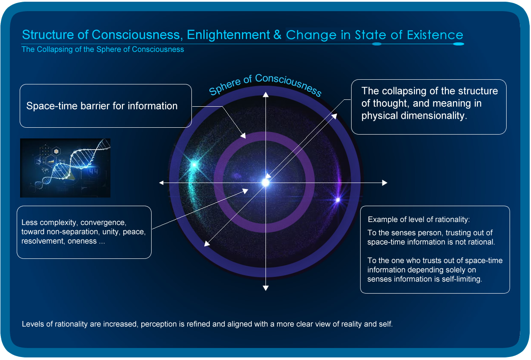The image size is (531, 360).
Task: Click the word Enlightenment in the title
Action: tap(228, 35)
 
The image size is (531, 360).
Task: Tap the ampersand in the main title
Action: tap(277, 35)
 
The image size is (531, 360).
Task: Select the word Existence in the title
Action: tap(435, 35)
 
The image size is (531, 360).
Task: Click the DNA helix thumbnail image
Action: tap(65, 168)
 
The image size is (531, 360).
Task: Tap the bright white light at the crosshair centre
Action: tap(265, 183)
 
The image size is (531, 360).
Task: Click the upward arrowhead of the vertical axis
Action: tap(265, 94)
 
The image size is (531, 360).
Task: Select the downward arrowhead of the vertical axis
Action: tap(265, 288)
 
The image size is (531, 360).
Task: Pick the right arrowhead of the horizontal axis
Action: tap(385, 183)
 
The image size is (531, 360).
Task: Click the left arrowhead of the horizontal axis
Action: tap(161, 183)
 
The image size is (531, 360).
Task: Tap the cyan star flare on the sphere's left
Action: tap(194, 164)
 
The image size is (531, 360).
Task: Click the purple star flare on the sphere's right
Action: tap(338, 200)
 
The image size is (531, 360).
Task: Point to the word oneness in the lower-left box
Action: tap(82, 241)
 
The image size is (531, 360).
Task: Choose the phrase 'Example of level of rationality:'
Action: tap(419, 219)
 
